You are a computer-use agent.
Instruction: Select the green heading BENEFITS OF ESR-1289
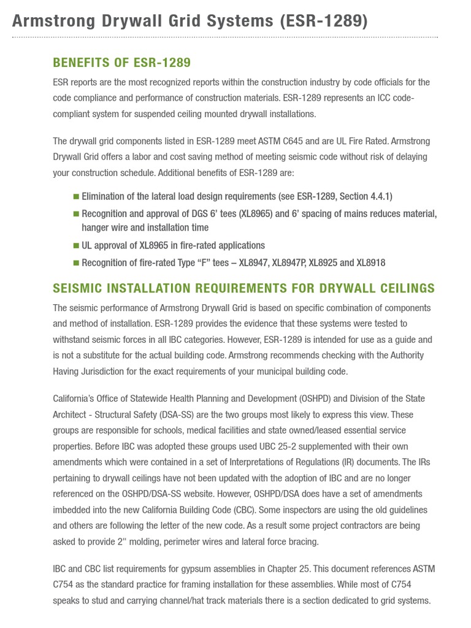point(122,63)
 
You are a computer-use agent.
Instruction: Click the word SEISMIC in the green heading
point(76,288)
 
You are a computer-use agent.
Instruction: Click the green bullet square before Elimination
point(76,196)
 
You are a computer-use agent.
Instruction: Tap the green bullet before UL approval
point(76,245)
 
